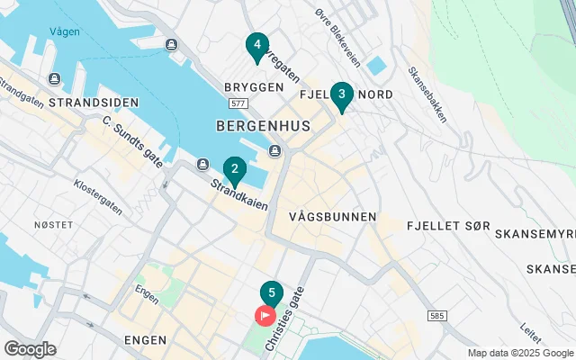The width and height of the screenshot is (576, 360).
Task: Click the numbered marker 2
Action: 234,168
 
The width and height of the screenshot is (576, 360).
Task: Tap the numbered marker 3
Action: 341,94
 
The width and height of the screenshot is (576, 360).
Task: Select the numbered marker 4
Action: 257,45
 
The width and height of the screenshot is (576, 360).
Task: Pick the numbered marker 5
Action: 271,294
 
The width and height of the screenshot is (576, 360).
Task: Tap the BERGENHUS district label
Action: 263,127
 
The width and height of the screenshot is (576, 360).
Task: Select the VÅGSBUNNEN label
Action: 333,218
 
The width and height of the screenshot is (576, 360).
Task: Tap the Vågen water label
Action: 65,32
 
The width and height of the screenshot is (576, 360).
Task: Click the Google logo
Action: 30,348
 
